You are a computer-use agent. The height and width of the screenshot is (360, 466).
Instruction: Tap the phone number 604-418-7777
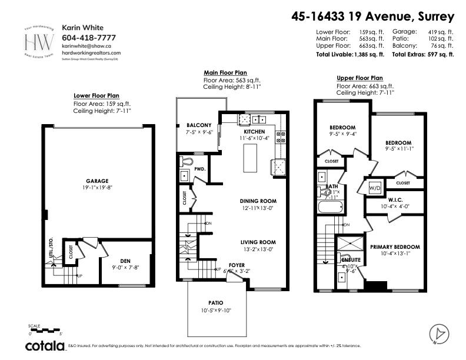[x=85, y=37]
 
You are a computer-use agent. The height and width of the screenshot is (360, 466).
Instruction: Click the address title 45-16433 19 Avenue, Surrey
[x=373, y=16]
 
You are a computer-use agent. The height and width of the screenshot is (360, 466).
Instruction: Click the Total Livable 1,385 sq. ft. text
[x=349, y=54]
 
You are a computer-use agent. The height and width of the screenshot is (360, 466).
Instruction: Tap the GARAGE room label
[x=96, y=181]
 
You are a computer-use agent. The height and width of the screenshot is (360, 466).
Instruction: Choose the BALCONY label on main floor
[x=198, y=125]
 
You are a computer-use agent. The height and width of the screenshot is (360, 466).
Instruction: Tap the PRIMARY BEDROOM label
[x=395, y=247]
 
